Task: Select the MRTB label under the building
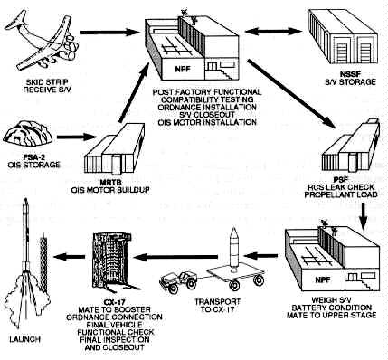tap(110, 183)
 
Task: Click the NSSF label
tap(350, 74)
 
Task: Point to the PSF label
tap(341, 179)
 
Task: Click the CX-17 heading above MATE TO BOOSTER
tap(114, 302)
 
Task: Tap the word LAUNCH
tap(24, 339)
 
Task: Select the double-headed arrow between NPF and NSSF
tap(273, 31)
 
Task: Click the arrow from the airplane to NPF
tap(110, 32)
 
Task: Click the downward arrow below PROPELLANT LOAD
tap(364, 216)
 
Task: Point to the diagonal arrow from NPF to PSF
tap(291, 93)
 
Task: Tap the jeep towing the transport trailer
tap(178, 281)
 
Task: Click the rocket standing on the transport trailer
tap(233, 250)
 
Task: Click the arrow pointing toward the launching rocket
tap(70, 257)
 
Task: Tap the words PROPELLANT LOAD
tap(341, 194)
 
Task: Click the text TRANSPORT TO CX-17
tap(217, 305)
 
